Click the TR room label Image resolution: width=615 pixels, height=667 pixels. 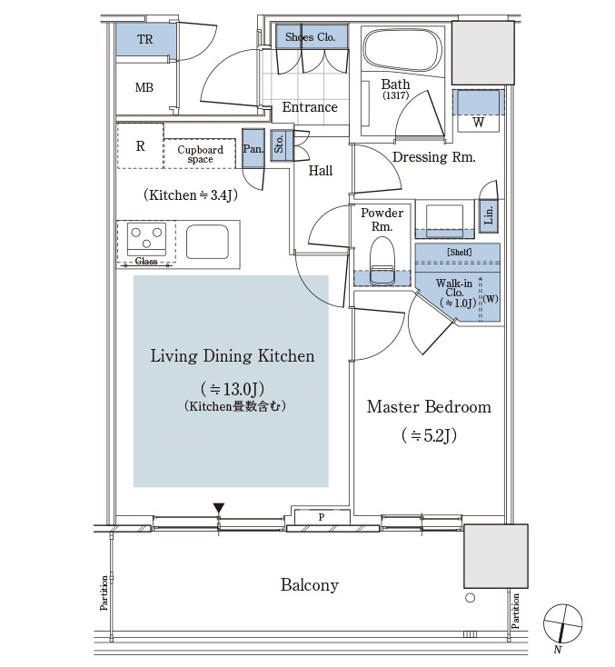click(x=144, y=39)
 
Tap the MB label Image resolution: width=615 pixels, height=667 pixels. click(x=144, y=88)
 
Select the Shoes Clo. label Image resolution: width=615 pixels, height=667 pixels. click(x=311, y=37)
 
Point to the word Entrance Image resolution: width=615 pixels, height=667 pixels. click(x=310, y=107)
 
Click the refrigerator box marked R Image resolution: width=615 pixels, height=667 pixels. click(x=140, y=145)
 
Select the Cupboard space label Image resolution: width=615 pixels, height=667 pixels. click(x=200, y=154)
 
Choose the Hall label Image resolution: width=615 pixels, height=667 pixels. click(x=320, y=171)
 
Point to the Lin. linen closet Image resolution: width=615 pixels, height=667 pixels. click(x=489, y=214)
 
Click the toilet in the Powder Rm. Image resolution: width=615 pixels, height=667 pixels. click(x=381, y=259)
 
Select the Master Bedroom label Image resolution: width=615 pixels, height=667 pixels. click(x=429, y=406)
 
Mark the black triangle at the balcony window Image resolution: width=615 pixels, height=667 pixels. click(x=219, y=508)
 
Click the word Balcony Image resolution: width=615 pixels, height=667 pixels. click(x=309, y=585)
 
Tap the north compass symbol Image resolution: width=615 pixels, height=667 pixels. click(x=562, y=625)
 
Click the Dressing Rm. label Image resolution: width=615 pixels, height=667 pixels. click(x=434, y=157)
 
